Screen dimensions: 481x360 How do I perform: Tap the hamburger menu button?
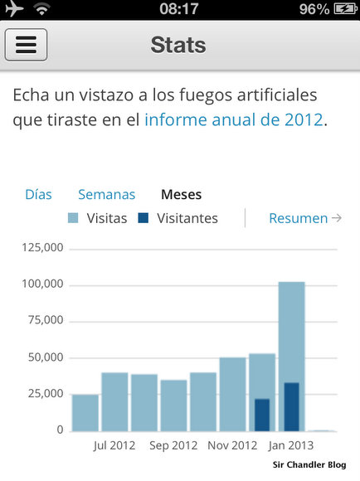(26, 44)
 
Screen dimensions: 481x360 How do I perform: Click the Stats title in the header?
(179, 44)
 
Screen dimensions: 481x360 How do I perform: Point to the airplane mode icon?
(14, 9)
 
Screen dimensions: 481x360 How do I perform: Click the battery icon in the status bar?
(343, 9)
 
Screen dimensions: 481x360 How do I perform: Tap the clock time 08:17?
(179, 9)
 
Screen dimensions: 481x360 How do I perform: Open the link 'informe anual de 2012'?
(233, 119)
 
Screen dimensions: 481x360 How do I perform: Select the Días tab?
(38, 195)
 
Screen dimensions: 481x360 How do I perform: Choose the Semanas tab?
(106, 195)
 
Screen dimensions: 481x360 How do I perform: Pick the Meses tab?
(181, 195)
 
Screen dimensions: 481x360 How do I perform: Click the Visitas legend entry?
(97, 219)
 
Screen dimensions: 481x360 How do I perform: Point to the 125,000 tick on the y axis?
(44, 248)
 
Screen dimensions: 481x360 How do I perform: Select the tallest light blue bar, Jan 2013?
(291, 332)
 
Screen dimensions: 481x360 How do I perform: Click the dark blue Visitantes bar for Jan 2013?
(291, 406)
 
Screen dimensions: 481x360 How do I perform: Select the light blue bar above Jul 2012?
(114, 401)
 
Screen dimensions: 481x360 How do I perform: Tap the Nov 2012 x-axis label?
(232, 445)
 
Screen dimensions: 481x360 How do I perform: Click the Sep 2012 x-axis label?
(173, 445)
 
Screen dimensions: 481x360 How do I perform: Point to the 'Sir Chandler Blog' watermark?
(309, 464)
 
